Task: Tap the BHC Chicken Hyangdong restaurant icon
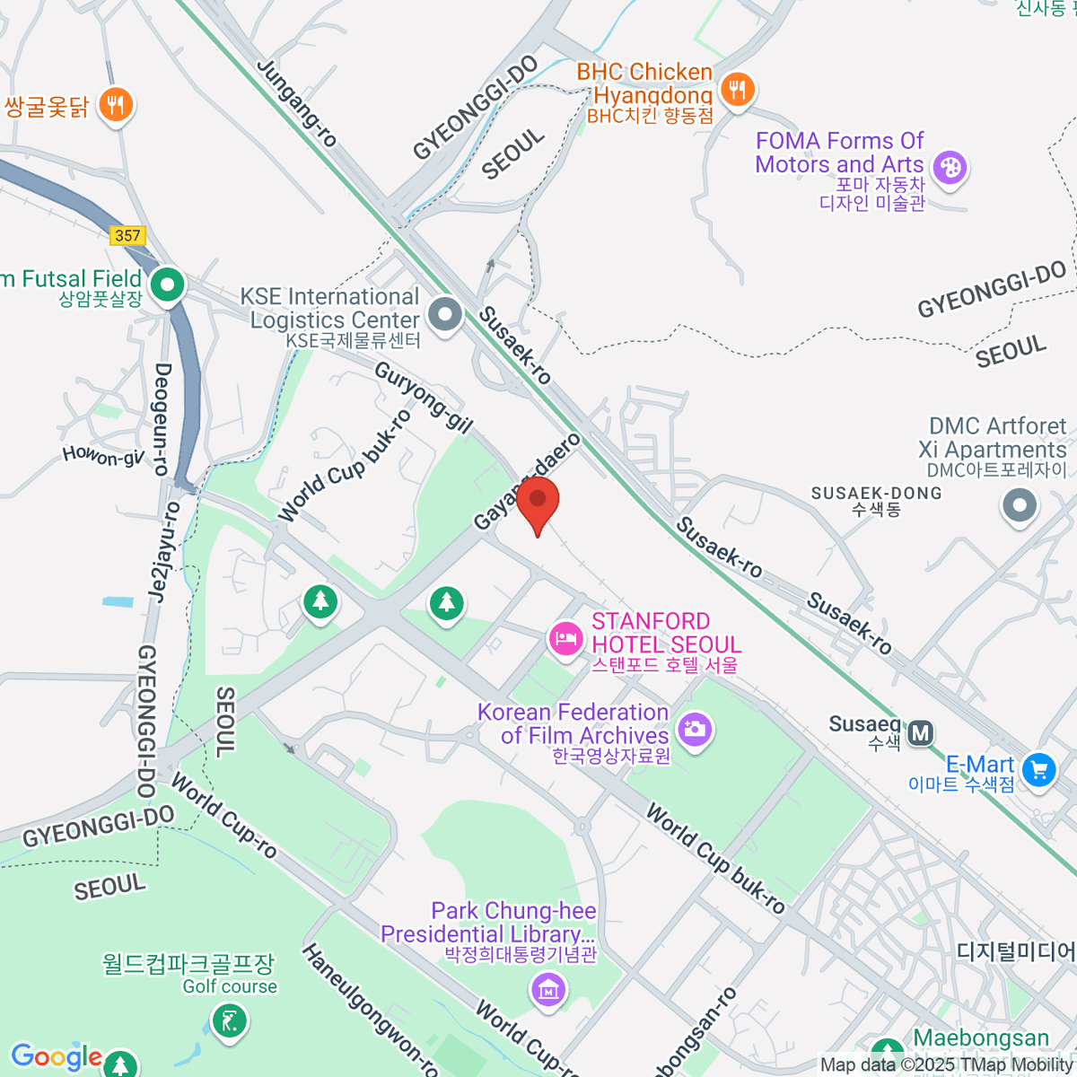coord(737,90)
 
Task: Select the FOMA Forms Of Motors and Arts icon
coord(949,168)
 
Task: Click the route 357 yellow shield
coord(127,235)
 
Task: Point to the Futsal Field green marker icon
coord(167,285)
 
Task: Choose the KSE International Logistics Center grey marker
coord(444,315)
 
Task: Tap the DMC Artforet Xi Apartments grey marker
coord(1019,505)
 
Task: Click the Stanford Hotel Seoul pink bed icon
coord(565,640)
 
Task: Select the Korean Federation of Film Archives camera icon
coord(694,729)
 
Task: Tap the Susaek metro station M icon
coord(920,733)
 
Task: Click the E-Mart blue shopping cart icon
coord(1038,770)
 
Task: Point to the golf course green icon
coord(230,1020)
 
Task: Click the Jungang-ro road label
coord(297,102)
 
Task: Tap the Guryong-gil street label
coord(423,398)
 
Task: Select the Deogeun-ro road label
coord(162,418)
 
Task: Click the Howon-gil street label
coord(102,457)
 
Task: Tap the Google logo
coord(56,1057)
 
